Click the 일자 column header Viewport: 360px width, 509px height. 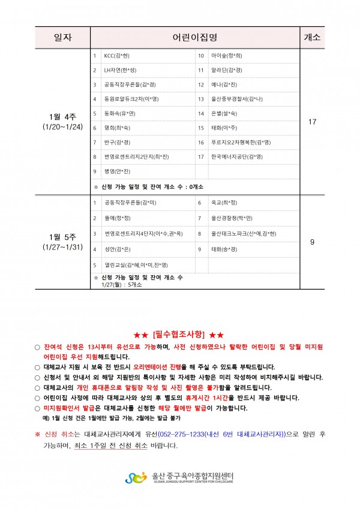[62, 37]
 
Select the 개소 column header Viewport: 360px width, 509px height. [312, 37]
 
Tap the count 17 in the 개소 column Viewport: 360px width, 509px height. [312, 122]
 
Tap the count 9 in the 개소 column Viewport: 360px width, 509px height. [312, 242]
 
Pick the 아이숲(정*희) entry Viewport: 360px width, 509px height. [226, 56]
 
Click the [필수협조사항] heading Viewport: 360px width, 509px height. [179, 334]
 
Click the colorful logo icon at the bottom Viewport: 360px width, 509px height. [136, 477]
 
